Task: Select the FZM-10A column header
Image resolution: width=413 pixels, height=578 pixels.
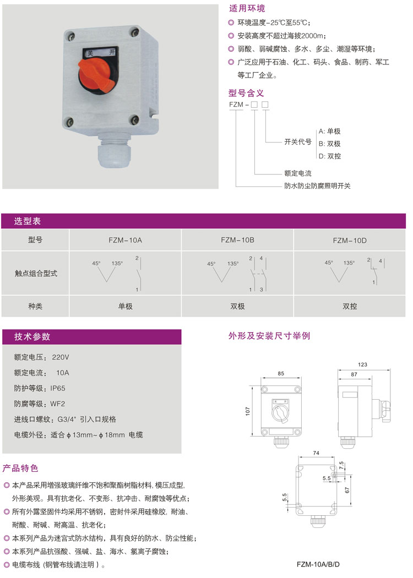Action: (125, 240)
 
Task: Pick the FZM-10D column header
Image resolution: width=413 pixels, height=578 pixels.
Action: (350, 241)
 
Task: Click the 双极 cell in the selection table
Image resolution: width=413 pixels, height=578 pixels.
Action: (237, 306)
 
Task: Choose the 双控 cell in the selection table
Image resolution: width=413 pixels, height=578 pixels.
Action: (350, 306)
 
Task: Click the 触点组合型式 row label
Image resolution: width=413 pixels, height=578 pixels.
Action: (36, 273)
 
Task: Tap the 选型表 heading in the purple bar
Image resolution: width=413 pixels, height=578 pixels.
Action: (28, 221)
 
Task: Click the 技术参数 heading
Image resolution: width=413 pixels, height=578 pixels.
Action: (32, 337)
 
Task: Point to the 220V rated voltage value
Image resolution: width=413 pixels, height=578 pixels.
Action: (61, 357)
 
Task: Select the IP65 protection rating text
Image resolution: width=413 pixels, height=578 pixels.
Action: (58, 388)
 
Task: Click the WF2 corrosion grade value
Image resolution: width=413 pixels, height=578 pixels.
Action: (58, 404)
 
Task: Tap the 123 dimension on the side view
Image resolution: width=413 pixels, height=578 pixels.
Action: (362, 365)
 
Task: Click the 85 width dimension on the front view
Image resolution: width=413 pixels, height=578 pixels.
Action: (281, 373)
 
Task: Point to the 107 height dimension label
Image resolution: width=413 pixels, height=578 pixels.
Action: (247, 411)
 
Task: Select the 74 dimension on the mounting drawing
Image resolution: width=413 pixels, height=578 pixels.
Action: (316, 453)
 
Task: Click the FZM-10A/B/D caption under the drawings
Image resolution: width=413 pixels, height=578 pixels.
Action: (318, 564)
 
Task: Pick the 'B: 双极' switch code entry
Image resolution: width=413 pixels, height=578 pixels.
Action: (330, 144)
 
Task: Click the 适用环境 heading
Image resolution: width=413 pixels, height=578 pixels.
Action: (247, 8)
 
